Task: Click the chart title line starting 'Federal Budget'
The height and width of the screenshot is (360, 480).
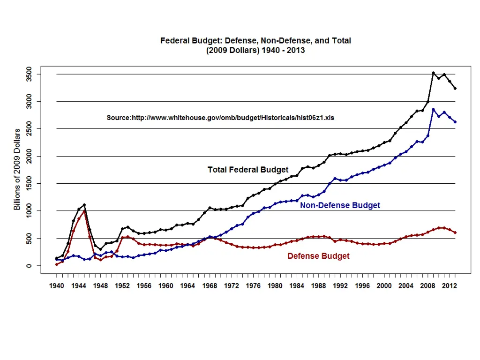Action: tap(255, 41)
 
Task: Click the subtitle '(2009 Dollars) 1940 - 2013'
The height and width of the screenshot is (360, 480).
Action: tap(255, 50)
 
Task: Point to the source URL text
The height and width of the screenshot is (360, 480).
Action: tap(220, 118)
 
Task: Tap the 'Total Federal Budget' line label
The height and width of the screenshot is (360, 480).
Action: tap(248, 170)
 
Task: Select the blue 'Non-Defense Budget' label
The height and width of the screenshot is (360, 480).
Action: tap(340, 205)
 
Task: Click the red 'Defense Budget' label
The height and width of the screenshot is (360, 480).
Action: tap(318, 256)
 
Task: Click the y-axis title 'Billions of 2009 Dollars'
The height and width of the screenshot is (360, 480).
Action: tap(17, 169)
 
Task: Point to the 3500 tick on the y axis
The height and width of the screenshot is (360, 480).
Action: tap(29, 74)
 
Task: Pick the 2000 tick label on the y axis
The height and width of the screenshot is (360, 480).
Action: tap(29, 156)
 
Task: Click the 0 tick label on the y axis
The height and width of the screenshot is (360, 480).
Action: tap(29, 266)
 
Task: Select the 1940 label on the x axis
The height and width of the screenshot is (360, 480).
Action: tap(57, 285)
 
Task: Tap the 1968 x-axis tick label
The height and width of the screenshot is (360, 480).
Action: tap(210, 285)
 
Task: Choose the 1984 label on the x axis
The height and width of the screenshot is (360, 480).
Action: tap(297, 285)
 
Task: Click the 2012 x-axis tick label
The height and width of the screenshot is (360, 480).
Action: tap(450, 285)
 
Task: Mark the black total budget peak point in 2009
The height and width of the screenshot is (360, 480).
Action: tap(433, 73)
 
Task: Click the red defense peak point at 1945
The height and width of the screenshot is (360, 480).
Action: tap(84, 211)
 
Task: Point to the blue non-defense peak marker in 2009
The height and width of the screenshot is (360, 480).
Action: tap(433, 110)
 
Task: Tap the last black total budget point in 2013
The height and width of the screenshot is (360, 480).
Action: tap(455, 89)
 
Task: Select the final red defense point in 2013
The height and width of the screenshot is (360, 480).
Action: tap(455, 233)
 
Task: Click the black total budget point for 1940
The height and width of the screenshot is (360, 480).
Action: tap(57, 258)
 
